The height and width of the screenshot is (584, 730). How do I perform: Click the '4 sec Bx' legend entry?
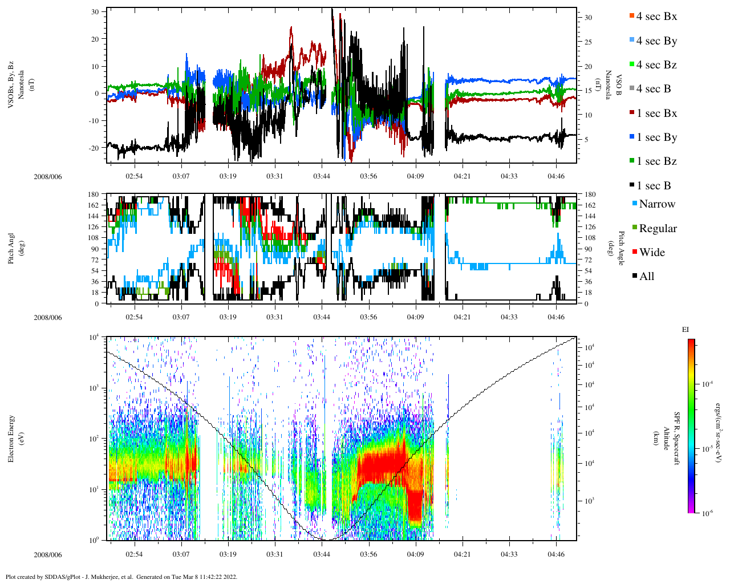coord(656,17)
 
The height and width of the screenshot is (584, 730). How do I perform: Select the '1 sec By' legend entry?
coord(656,137)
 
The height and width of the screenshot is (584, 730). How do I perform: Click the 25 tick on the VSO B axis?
coord(588,42)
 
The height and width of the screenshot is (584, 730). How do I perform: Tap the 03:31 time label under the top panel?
coord(274,176)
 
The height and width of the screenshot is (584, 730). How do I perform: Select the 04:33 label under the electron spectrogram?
coord(509,554)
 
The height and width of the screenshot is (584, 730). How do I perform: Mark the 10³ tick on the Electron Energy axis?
coord(94,388)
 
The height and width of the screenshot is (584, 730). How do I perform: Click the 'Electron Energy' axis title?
coord(11,439)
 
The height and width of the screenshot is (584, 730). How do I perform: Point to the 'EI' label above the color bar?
coord(686,330)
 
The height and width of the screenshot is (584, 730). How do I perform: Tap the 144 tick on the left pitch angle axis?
coord(92,216)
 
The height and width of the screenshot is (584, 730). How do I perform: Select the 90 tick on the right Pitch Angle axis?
coord(587,249)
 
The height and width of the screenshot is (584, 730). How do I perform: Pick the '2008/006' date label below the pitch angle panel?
coord(47,317)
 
